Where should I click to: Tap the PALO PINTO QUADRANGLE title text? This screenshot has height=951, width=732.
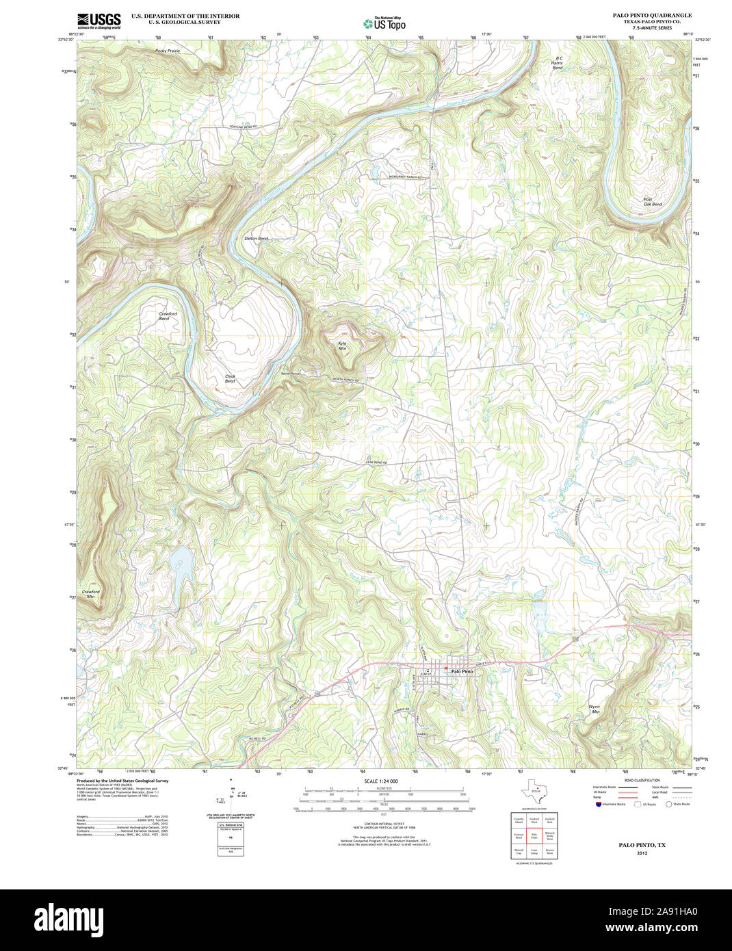point(652,15)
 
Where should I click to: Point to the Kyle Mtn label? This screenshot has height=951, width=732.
point(342,346)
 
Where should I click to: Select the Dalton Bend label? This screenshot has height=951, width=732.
point(256,238)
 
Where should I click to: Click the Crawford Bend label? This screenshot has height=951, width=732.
point(168,316)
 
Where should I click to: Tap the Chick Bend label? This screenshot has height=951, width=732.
point(230,378)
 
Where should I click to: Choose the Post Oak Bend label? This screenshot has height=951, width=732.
point(652,202)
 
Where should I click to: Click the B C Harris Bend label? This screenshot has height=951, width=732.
point(558,63)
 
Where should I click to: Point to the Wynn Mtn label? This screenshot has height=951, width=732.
point(595,709)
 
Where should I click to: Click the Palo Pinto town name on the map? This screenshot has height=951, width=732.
point(462,671)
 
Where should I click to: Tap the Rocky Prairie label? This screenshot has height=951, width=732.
point(168,51)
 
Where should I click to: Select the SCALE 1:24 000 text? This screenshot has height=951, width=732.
point(380,781)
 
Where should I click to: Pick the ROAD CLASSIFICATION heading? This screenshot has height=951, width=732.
point(642,780)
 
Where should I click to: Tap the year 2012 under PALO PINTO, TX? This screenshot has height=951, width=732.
point(641,853)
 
